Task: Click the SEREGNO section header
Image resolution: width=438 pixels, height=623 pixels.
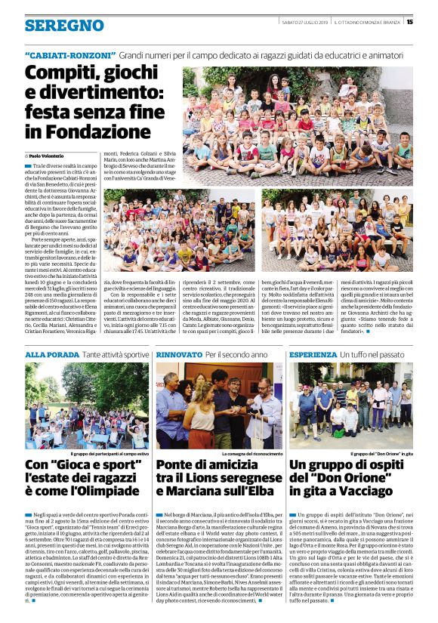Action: [x=64, y=26]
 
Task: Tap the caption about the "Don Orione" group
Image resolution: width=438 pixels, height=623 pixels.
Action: [x=384, y=454]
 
